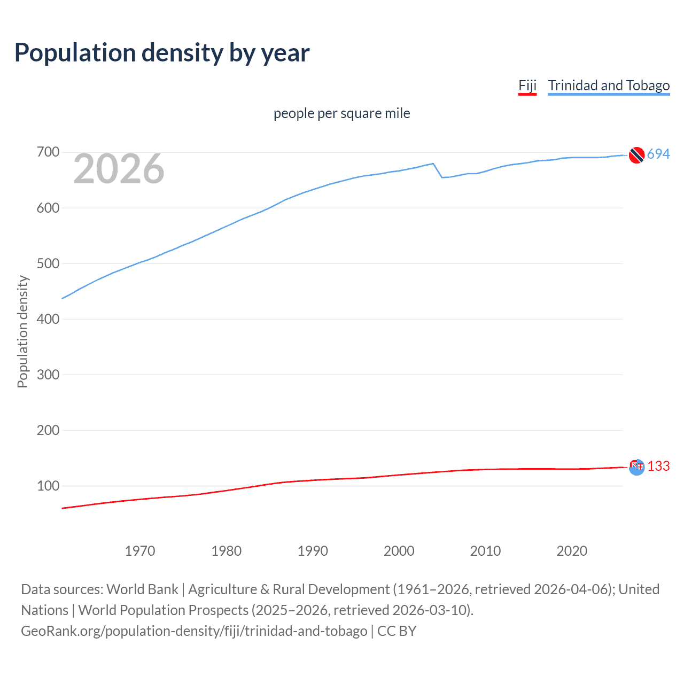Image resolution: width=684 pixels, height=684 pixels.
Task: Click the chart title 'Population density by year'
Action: [162, 53]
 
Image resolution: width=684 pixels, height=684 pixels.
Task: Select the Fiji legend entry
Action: [527, 86]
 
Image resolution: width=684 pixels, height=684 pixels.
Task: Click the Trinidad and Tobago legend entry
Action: [609, 86]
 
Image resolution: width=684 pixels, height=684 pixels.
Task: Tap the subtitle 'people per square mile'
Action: [341, 113]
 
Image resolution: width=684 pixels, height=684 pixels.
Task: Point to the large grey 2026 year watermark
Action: [119, 169]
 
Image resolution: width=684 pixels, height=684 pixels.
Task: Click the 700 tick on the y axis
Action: [48, 152]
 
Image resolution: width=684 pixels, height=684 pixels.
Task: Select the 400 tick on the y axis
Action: [48, 319]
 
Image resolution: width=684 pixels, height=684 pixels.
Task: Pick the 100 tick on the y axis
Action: [48, 486]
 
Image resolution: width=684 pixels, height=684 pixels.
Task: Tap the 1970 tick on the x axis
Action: [140, 551]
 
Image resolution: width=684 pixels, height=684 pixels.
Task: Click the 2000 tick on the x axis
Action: [399, 551]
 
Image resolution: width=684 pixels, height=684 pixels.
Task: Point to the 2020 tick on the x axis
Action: [572, 551]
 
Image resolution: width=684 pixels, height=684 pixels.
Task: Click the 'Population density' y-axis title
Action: [22, 331]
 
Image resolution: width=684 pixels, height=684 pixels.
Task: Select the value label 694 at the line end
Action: [658, 154]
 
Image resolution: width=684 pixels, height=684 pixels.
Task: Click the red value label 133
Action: [658, 467]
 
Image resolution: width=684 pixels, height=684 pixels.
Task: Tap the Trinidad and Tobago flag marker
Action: [636, 155]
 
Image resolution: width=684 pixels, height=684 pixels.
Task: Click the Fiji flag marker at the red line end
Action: [636, 467]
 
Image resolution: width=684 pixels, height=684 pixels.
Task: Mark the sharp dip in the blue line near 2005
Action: [442, 177]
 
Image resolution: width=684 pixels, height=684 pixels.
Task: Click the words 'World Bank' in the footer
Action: [142, 589]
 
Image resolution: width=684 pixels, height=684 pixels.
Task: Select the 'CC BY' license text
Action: [397, 631]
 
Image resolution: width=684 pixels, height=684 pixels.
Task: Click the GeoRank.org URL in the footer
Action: [194, 631]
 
